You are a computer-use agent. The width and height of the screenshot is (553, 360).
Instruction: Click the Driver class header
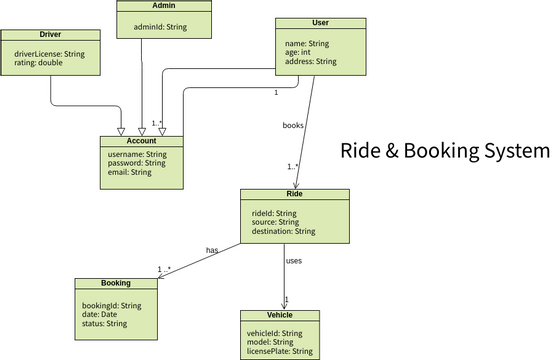[x=51, y=35]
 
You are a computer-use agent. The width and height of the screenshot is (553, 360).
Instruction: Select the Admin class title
[x=165, y=6]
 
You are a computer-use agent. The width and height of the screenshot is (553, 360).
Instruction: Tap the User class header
[x=321, y=22]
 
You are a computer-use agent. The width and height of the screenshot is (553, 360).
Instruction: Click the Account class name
[x=142, y=141]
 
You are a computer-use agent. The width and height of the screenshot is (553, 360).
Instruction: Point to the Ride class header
[x=295, y=193]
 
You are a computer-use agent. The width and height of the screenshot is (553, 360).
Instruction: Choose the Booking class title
[x=116, y=283]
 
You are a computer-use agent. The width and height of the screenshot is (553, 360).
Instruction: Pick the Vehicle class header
[x=280, y=315]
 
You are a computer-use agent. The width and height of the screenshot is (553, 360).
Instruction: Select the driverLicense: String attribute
[x=55, y=53]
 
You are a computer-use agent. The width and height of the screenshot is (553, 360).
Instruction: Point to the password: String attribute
[x=137, y=163]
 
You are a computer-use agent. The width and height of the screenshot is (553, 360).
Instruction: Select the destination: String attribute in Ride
[x=284, y=231]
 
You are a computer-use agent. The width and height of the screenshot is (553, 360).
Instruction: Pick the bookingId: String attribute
[x=111, y=305]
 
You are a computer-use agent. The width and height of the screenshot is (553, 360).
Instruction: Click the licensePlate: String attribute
[x=279, y=352]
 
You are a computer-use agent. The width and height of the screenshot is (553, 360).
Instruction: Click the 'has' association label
[x=212, y=249]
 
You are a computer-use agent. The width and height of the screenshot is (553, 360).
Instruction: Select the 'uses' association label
[x=294, y=261]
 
